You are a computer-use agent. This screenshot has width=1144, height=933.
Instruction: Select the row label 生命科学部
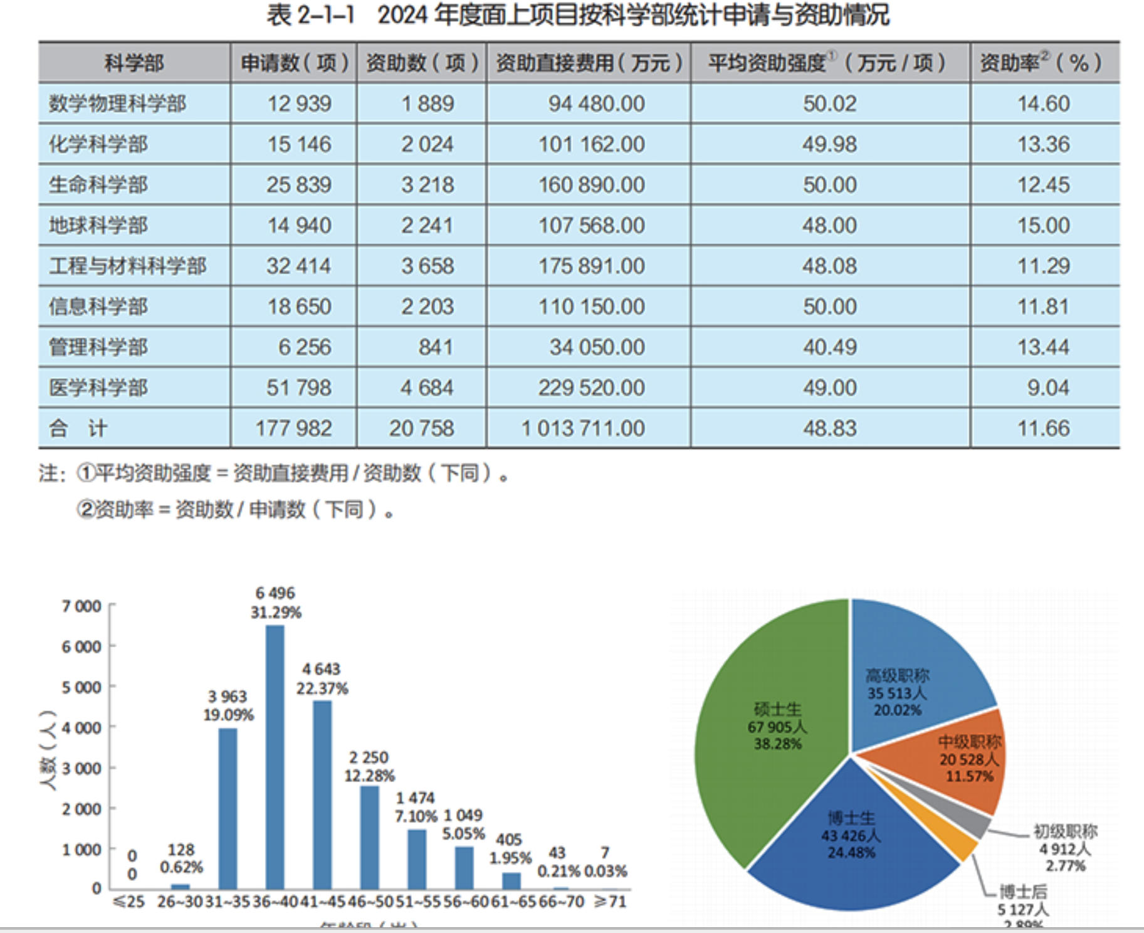(98, 184)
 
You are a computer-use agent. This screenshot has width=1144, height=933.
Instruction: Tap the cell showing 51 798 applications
(299, 387)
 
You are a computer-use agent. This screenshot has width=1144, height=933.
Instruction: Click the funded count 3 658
(428, 266)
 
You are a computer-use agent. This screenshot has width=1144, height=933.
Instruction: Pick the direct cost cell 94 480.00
(596, 103)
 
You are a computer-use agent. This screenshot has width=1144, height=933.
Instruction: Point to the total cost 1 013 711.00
(583, 428)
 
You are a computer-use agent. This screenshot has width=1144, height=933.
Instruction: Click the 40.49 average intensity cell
(829, 347)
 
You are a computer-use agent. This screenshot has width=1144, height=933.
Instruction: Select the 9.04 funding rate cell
(1047, 387)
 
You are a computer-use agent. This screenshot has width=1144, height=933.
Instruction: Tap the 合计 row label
(78, 428)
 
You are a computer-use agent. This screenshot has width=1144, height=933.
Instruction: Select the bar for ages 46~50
(369, 836)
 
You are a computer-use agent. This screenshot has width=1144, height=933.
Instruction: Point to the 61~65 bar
(512, 880)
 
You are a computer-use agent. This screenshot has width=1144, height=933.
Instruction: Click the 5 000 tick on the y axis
(81, 687)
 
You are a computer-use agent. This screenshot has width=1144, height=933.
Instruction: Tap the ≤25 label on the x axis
(129, 902)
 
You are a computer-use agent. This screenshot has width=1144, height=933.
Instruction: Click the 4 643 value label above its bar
(321, 669)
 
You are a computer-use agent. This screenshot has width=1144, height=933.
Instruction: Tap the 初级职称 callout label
(1065, 831)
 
